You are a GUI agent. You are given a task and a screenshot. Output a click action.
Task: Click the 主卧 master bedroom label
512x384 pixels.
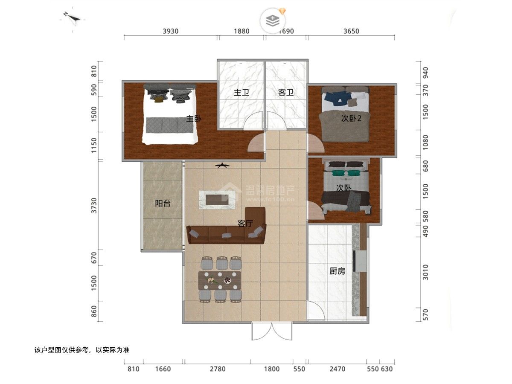click(193, 119)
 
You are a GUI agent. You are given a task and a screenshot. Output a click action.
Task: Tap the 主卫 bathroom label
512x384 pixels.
click(241, 93)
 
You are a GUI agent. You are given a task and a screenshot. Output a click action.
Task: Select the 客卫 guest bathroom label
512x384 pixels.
click(285, 93)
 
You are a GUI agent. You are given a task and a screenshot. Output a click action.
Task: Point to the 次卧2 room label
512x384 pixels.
click(351, 119)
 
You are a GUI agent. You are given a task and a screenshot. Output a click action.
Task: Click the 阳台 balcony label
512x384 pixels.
click(163, 204)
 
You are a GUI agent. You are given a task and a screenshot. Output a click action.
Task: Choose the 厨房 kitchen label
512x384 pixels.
click(337, 271)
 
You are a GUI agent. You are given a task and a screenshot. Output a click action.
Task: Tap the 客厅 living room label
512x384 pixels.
click(245, 223)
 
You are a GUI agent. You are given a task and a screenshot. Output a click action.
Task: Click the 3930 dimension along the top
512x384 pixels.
click(171, 31)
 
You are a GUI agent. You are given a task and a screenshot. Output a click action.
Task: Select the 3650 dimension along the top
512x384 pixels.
click(351, 31)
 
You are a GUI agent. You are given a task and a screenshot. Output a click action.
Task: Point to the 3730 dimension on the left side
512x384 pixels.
click(94, 205)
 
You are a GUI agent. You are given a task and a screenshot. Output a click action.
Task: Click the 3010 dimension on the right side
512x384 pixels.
click(425, 272)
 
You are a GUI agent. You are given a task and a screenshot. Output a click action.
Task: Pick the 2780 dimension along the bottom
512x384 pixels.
click(218, 369)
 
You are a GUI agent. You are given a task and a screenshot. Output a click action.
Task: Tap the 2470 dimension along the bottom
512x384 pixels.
click(337, 369)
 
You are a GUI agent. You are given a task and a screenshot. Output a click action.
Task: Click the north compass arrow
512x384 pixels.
click(73, 17)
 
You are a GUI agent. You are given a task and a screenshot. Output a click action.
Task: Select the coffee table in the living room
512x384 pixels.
click(217, 200)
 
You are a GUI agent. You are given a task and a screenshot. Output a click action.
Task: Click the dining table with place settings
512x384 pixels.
click(219, 280)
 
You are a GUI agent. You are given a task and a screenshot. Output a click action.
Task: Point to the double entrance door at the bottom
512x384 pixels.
click(272, 332)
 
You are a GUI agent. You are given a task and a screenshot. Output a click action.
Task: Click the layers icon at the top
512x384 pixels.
click(273, 21)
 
